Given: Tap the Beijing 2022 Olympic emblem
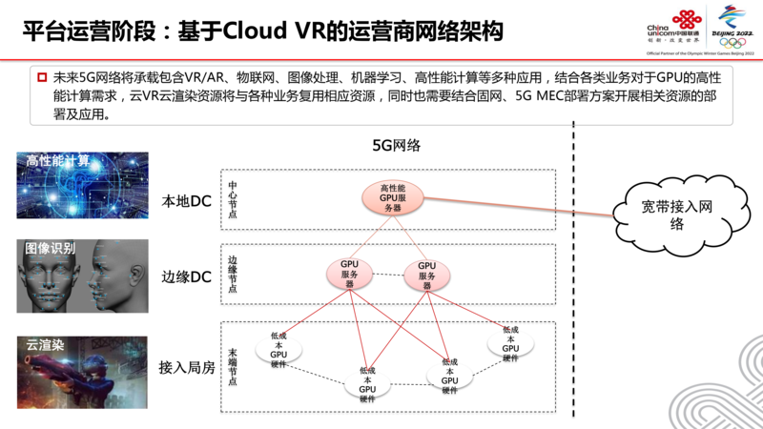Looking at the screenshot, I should tap(734, 24).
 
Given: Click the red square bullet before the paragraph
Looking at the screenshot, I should tap(42, 75).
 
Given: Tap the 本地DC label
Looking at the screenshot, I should tap(187, 202).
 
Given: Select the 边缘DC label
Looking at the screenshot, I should tap(187, 276).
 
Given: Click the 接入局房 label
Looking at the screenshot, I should tap(187, 366).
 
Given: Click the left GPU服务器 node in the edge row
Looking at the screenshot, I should tap(349, 275).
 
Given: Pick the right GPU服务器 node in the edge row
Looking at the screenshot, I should tap(426, 275).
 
